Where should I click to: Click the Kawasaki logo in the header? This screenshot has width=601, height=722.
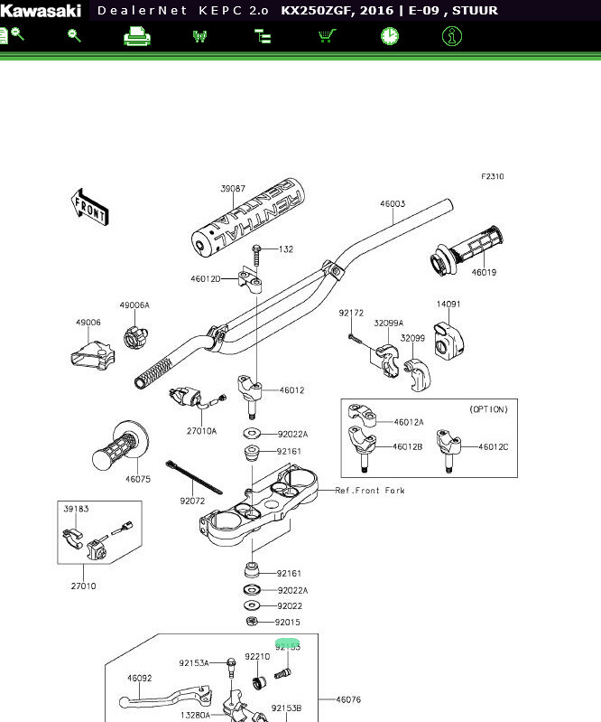point(40,11)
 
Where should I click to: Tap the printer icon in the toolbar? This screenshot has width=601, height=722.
point(136,36)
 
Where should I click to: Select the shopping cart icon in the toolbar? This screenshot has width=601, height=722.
point(327,36)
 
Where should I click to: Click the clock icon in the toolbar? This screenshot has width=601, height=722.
point(389,36)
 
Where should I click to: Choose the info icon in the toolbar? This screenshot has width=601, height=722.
point(452,36)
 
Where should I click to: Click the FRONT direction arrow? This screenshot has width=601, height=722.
point(89,207)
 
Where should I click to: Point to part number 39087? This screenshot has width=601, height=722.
point(233,189)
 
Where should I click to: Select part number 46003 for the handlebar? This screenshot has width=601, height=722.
point(392,204)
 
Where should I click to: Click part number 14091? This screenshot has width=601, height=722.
point(448,305)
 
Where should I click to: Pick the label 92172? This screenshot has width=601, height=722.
point(351,313)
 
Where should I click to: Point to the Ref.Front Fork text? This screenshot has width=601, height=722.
point(370,491)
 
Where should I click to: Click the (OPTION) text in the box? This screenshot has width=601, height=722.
point(488,409)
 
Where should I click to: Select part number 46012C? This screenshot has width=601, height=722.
point(493,446)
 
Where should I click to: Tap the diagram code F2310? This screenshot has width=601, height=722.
point(492,177)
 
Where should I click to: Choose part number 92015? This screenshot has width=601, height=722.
point(287,623)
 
